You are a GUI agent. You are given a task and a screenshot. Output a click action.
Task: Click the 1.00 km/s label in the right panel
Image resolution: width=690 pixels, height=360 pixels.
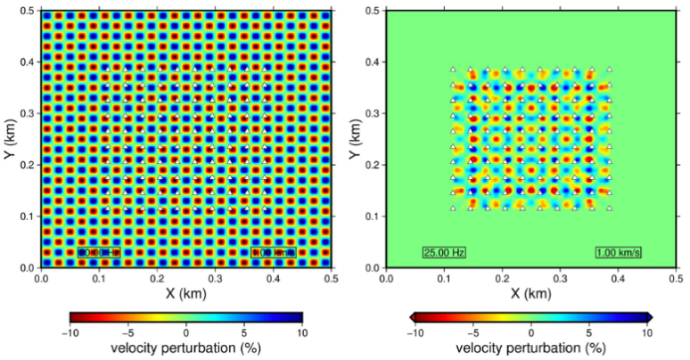[x=619, y=252]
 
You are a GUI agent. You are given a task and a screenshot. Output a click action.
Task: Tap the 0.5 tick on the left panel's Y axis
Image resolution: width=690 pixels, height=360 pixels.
[x=26, y=11]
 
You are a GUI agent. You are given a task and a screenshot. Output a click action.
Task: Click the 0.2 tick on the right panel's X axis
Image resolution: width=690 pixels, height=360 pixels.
[x=502, y=279]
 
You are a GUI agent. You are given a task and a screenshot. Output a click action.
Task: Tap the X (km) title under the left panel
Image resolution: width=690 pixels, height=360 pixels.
[x=185, y=292]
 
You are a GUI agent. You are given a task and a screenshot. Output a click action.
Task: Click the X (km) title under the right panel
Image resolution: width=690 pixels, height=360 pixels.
[x=530, y=292]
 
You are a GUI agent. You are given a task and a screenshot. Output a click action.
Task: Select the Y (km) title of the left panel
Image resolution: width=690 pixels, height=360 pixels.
[x=10, y=139]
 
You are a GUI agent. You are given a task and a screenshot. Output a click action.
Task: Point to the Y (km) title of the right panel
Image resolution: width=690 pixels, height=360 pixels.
[x=355, y=139]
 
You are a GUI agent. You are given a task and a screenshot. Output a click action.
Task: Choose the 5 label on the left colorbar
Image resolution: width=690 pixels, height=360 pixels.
[x=244, y=331]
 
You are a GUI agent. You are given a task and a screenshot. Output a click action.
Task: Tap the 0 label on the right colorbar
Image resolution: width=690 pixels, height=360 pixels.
[x=530, y=331]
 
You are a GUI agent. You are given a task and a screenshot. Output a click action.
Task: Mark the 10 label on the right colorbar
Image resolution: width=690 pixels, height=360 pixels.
[x=648, y=331]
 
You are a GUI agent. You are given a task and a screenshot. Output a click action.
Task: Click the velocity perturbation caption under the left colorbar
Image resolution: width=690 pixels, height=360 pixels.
[x=185, y=348]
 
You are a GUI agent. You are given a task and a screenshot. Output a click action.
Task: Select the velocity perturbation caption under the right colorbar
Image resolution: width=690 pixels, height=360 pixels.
[x=530, y=348]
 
